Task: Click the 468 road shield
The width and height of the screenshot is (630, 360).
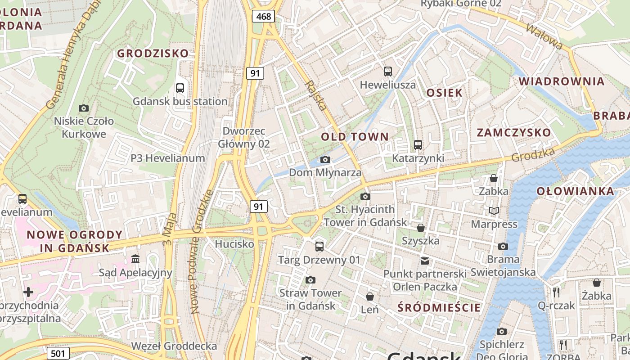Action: tap(263, 17)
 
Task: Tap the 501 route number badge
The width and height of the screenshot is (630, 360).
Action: tap(58, 353)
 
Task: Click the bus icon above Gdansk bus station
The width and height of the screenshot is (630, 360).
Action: tap(180, 88)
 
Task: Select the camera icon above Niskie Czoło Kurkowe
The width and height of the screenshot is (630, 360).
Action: tap(83, 108)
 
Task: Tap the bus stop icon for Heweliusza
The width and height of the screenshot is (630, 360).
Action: tap(387, 72)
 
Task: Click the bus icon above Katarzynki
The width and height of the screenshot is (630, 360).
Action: tap(418, 145)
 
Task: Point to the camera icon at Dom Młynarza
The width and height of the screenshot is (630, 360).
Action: tap(325, 159)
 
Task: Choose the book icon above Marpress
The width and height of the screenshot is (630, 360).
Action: tap(494, 211)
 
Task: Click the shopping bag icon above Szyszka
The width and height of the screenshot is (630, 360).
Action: tap(420, 228)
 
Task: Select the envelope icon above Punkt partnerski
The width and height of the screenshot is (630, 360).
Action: tap(424, 261)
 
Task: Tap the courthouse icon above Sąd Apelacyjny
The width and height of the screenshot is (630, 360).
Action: tap(135, 259)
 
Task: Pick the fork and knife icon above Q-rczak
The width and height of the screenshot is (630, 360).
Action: tap(556, 292)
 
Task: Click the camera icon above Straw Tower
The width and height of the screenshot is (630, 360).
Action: tap(310, 280)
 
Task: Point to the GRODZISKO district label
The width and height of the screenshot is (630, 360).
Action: tap(153, 54)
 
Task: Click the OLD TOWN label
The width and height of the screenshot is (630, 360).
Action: tap(355, 137)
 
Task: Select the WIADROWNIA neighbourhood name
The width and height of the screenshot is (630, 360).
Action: tap(562, 82)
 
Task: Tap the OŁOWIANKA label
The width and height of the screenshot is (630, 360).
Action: tap(575, 191)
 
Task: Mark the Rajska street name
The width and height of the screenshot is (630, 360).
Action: tap(315, 95)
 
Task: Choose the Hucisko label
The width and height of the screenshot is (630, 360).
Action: tap(234, 244)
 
